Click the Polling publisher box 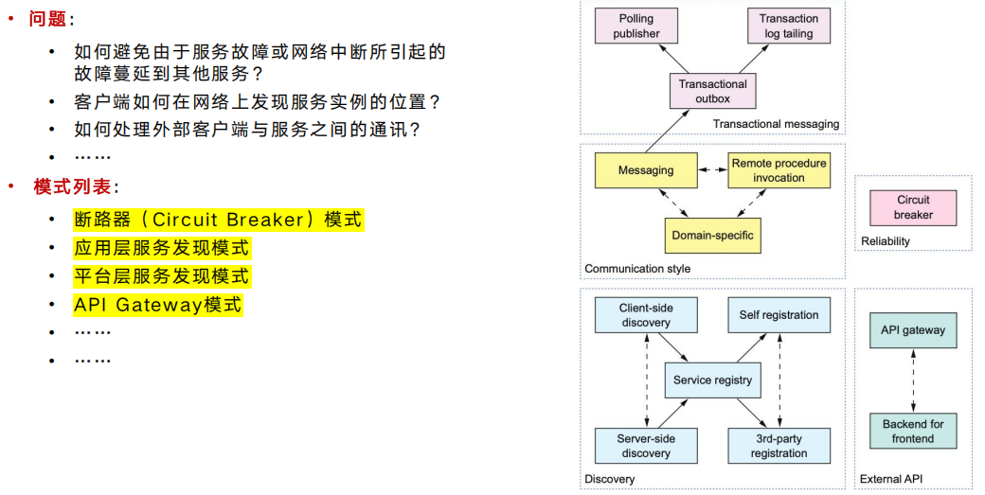[636, 26]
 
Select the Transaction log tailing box [788, 26]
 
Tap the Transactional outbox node [712, 91]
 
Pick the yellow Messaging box [646, 170]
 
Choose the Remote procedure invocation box [779, 170]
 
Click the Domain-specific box [712, 236]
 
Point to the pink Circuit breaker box [913, 207]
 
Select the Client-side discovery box [646, 315]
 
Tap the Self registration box [779, 315]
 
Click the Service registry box [712, 380]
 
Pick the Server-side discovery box [646, 446]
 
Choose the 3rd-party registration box [779, 446]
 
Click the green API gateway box [913, 330]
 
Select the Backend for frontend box [913, 431]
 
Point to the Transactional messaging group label [776, 124]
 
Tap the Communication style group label [637, 269]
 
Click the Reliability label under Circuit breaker [886, 241]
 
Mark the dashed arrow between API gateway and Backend [913, 380]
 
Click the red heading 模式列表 [72, 186]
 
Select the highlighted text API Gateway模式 [157, 305]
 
